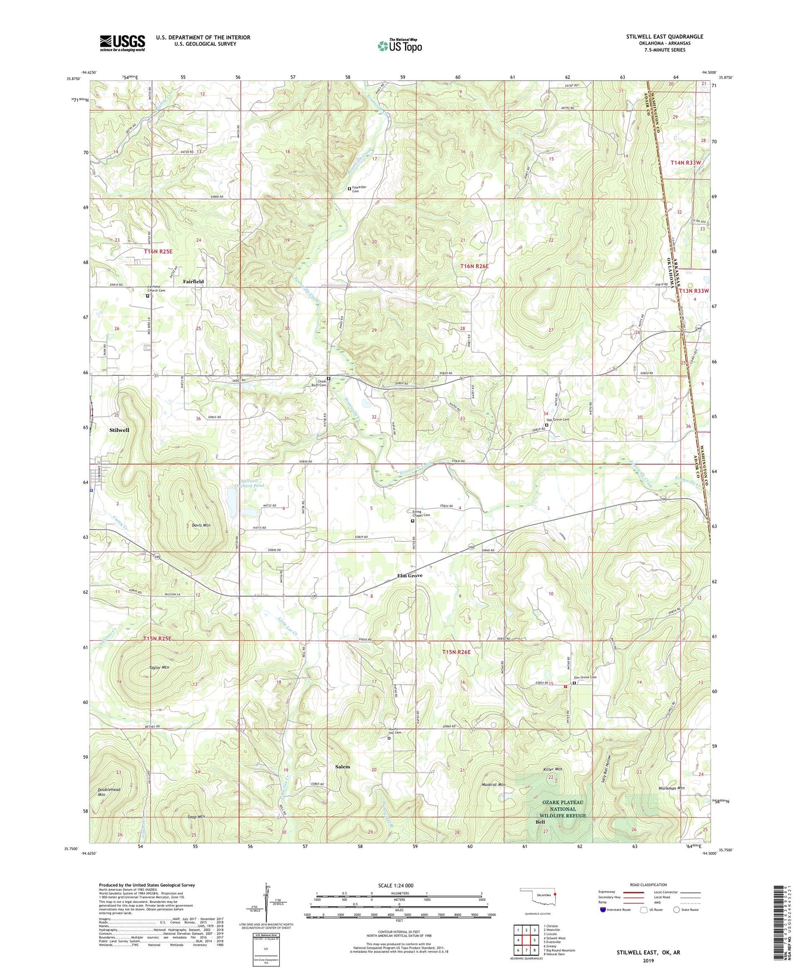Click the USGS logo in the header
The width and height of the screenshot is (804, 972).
pos(122,43)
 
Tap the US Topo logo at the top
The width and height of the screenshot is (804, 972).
pos(399,46)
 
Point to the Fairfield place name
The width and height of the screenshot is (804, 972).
pos(193,282)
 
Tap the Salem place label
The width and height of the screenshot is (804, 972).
pos(343,767)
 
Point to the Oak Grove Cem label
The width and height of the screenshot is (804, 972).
pos(558,420)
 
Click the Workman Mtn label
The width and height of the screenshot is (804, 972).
pos(671,788)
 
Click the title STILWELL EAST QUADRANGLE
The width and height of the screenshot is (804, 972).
pos(664,37)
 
